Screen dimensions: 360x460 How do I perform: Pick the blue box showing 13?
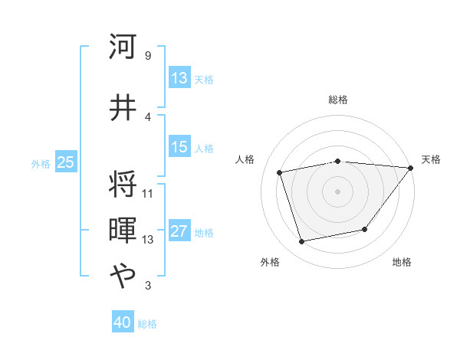point(179,78)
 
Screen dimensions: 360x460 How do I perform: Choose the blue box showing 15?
point(179,147)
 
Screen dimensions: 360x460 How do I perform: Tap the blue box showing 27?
point(179,232)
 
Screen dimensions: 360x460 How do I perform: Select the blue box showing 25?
point(65,162)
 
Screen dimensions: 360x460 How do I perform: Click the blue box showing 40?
point(123,323)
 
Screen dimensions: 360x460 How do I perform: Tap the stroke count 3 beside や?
point(147,286)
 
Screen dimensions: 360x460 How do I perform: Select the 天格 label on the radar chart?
point(431,159)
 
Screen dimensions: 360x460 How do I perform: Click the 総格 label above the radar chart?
point(337,100)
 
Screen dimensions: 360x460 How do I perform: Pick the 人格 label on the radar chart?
point(245,159)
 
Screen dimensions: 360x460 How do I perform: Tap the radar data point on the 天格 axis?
point(411,168)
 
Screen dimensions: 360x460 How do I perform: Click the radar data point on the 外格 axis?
point(302,242)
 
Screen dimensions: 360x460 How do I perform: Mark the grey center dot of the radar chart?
point(337,191)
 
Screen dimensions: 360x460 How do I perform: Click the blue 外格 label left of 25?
point(41,163)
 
